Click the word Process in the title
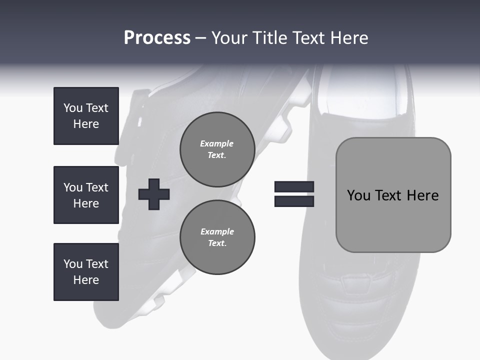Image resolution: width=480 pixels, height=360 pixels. tap(157, 38)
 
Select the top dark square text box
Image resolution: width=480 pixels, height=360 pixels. tap(86, 116)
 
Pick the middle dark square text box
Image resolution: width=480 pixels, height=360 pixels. tap(86, 195)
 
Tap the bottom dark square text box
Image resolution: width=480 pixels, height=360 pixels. tap(86, 272)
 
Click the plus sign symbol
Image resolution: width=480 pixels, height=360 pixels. tap(154, 194)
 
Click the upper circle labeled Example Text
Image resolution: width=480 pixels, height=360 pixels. tap(217, 149)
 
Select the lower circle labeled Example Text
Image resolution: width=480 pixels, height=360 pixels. tap(217, 237)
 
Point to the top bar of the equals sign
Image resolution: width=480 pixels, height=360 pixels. tap(294, 187)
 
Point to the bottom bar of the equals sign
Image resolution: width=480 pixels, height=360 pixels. tap(294, 201)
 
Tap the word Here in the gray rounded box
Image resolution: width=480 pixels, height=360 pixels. tap(422, 195)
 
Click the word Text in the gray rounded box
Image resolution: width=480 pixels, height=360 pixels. tap(389, 195)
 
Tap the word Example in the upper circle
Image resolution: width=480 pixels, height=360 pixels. tap(216, 143)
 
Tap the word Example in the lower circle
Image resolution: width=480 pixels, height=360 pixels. tap(217, 231)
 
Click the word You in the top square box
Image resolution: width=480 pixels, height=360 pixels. tap(73, 108)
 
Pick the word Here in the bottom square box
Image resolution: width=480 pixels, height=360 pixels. tap(86, 280)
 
